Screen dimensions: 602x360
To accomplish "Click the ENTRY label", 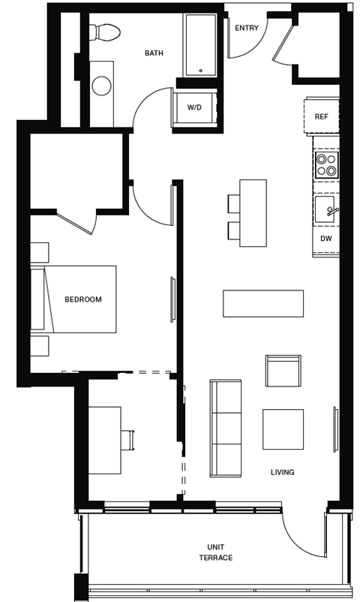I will click(x=246, y=29).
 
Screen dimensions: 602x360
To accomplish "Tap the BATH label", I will click(x=154, y=53).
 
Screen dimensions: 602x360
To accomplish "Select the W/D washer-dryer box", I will click(x=194, y=108).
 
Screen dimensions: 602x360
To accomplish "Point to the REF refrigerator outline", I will click(x=321, y=116).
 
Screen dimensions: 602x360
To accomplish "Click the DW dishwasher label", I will click(x=325, y=239).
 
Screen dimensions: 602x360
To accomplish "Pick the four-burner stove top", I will click(x=326, y=164).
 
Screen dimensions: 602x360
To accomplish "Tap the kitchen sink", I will click(x=326, y=210).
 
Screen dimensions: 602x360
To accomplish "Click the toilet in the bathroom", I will click(x=104, y=32).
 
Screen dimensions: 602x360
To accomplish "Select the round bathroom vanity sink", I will click(x=102, y=85).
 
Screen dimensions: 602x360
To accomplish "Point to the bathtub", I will click(x=200, y=44).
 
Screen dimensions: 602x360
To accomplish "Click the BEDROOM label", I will click(x=82, y=299).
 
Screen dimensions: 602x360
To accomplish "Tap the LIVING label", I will click(x=283, y=472).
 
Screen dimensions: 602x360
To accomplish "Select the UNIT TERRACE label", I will click(x=216, y=552).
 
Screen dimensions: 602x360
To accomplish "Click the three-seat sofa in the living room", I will click(x=225, y=428).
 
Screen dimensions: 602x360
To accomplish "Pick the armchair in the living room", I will click(x=283, y=371).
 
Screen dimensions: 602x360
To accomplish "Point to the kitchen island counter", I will click(x=253, y=213).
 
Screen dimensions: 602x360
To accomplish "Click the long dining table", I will click(x=262, y=303).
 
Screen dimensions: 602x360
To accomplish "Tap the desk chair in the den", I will click(x=127, y=440).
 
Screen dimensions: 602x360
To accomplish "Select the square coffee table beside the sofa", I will click(x=283, y=429).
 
